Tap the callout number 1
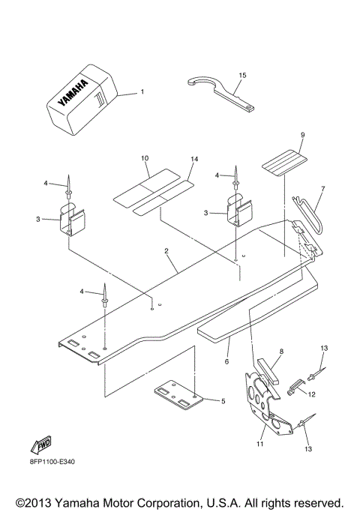(x=142, y=93)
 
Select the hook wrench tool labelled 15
(x=222, y=93)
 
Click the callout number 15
(x=242, y=76)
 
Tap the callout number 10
(x=145, y=159)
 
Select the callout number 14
(x=193, y=160)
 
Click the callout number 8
(x=281, y=351)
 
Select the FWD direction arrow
(x=42, y=443)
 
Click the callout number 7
(x=323, y=189)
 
